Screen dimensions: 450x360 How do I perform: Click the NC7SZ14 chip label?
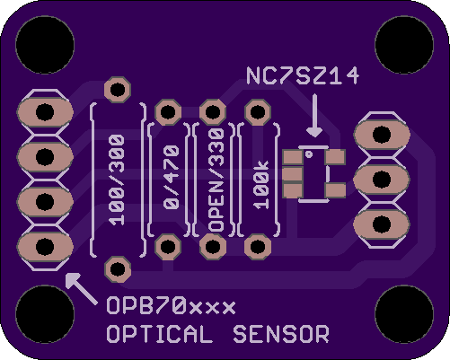pyautogui.click(x=303, y=75)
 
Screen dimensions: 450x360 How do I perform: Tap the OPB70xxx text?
pyautogui.click(x=171, y=306)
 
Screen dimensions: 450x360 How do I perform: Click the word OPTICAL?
pyautogui.click(x=159, y=334)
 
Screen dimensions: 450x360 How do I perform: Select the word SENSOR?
pyautogui.click(x=281, y=334)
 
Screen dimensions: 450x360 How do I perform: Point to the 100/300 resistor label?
pyautogui.click(x=117, y=180)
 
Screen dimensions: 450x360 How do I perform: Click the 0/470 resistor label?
pyautogui.click(x=171, y=177)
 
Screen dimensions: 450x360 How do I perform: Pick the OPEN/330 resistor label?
pyautogui.click(x=216, y=180)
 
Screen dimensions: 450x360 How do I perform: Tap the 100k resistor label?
pyautogui.click(x=261, y=185)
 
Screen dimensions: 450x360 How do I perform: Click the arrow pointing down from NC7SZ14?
pyautogui.click(x=314, y=116)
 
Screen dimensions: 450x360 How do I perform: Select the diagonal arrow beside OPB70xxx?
pyautogui.click(x=81, y=288)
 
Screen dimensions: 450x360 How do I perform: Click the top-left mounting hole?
pyautogui.click(x=45, y=45)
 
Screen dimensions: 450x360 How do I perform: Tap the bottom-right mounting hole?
pyautogui.click(x=404, y=314)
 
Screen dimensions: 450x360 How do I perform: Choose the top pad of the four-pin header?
pyautogui.click(x=45, y=112)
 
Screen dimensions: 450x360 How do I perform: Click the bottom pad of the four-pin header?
pyautogui.click(x=45, y=247)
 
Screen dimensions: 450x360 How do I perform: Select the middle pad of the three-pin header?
pyautogui.click(x=382, y=180)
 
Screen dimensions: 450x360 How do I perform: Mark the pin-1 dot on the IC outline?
pyautogui.click(x=309, y=154)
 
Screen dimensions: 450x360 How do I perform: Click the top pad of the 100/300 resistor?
pyautogui.click(x=118, y=90)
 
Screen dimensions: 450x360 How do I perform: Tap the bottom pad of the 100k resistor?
pyautogui.click(x=258, y=247)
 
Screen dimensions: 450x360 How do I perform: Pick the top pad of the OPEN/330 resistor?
pyautogui.click(x=213, y=112)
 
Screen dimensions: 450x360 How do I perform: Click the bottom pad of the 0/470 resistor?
pyautogui.click(x=168, y=247)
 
